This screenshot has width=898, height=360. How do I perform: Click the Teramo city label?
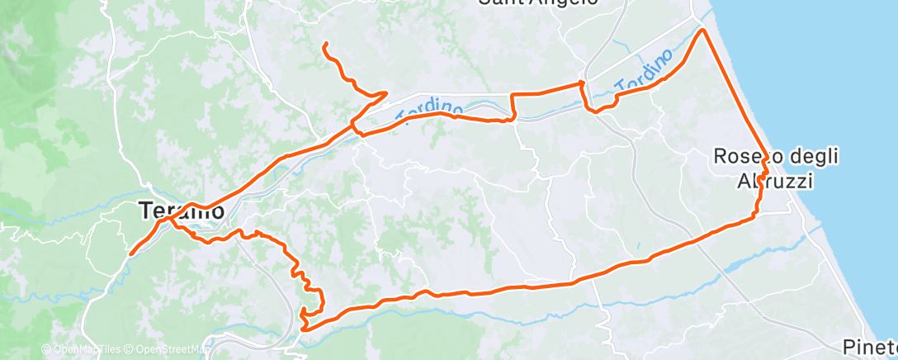179,211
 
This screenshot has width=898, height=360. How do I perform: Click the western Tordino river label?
428,107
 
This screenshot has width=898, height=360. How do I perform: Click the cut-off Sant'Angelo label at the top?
537,2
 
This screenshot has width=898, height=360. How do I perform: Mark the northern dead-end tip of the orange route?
325,43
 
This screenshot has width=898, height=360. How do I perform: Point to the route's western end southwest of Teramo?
130,253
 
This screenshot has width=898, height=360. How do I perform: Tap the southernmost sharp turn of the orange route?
305,329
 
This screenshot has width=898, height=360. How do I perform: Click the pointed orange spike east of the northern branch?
386,93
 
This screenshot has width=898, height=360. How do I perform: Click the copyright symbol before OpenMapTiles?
46,350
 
